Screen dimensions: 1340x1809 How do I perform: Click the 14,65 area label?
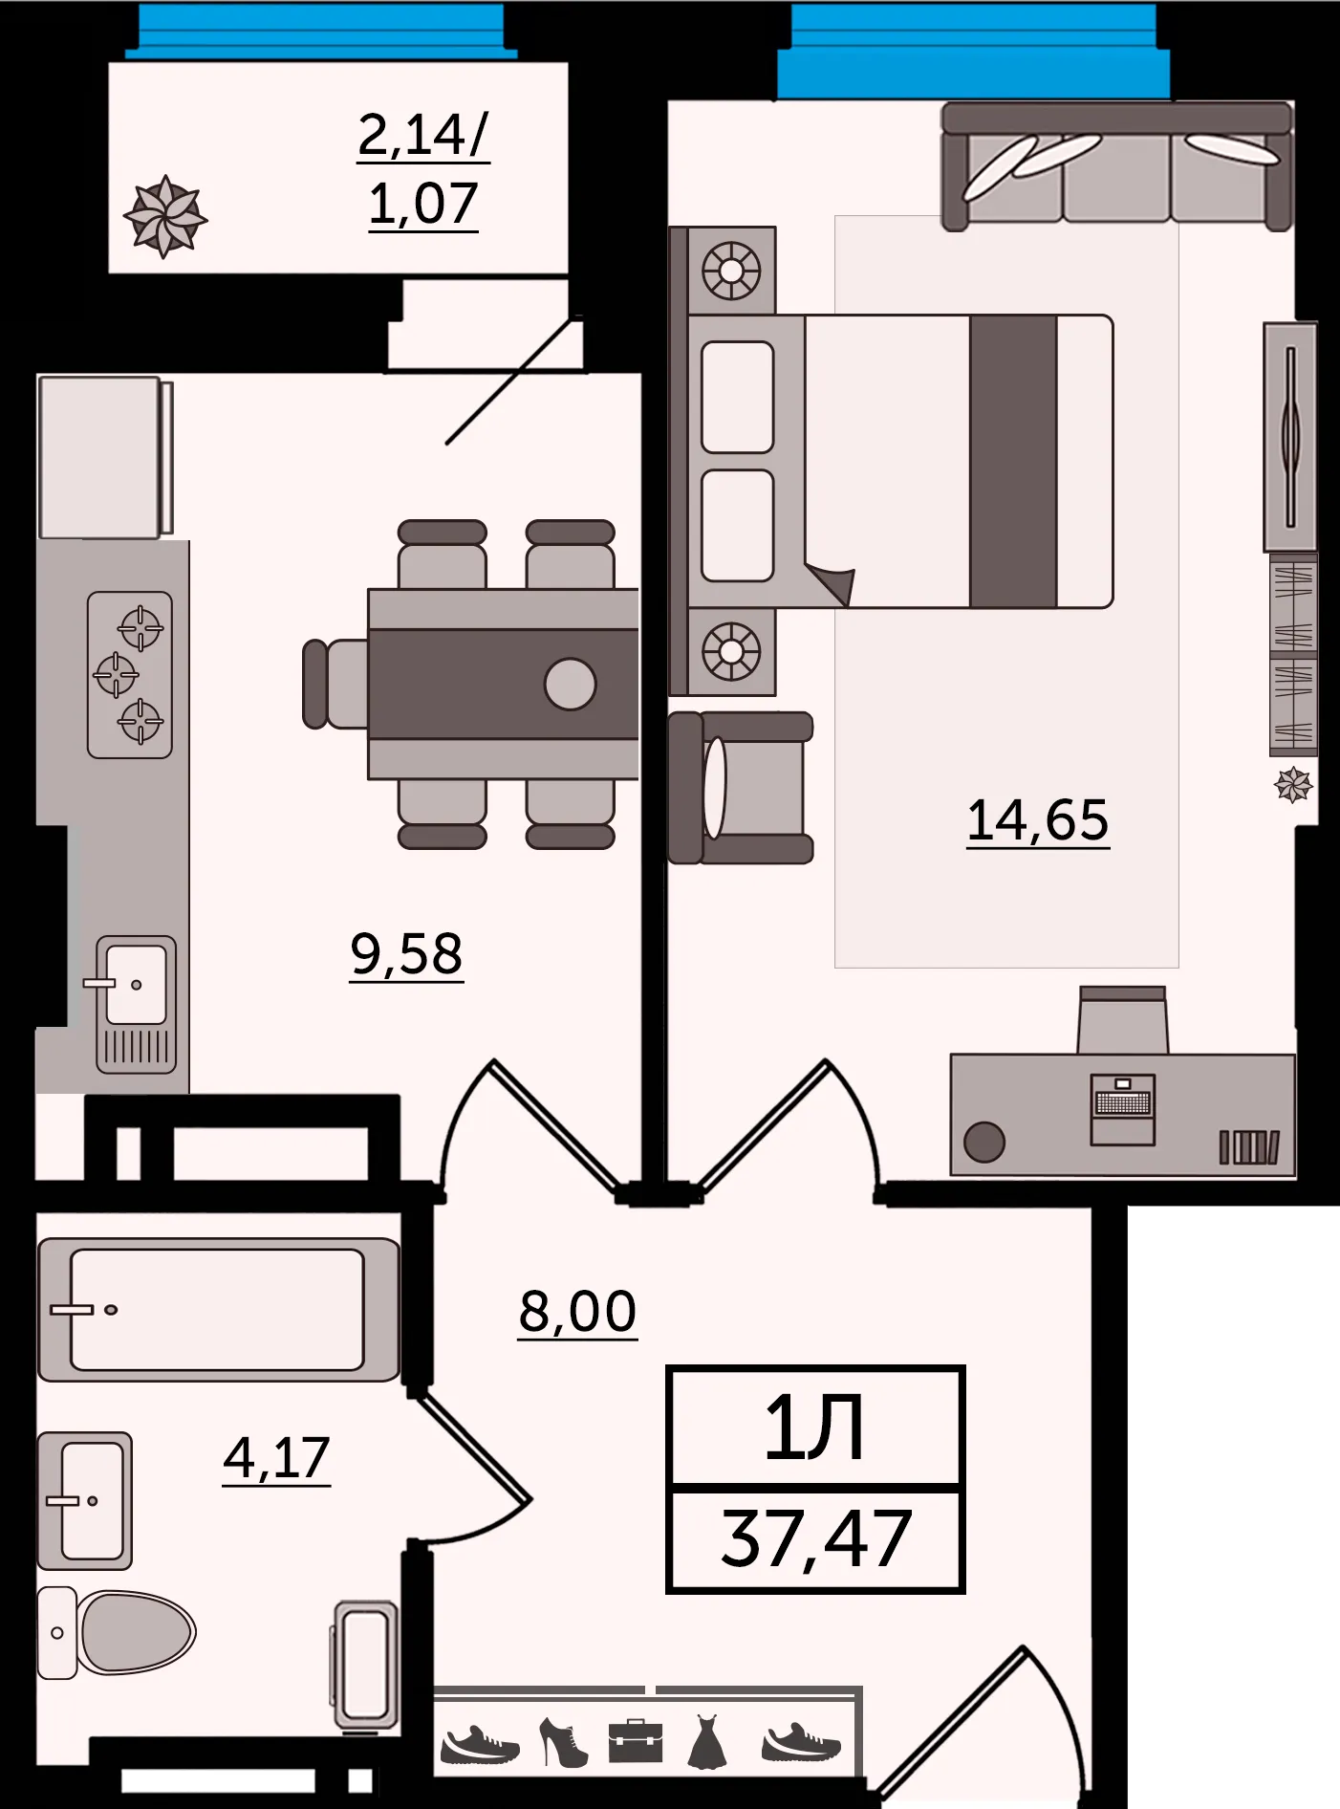(x=1038, y=820)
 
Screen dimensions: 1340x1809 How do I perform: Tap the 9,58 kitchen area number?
(x=406, y=954)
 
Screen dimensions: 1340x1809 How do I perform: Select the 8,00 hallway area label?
(x=577, y=1311)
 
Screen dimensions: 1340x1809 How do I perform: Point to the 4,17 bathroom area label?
(x=276, y=1458)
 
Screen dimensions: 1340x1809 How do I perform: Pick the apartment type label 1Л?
(x=814, y=1428)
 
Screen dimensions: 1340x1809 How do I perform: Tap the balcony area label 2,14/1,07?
(x=423, y=169)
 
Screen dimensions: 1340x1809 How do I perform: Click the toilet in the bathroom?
(x=117, y=1633)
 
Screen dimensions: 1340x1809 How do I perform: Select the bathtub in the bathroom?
(x=218, y=1310)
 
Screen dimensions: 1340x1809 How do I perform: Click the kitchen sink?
(x=136, y=1004)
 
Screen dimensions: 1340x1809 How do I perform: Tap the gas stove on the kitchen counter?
(x=130, y=675)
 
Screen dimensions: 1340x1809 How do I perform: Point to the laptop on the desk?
(x=1123, y=1109)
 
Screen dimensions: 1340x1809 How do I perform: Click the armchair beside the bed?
(x=740, y=788)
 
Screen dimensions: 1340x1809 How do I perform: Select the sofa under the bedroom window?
(x=1116, y=166)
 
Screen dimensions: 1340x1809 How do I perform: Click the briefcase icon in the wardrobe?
(x=636, y=1741)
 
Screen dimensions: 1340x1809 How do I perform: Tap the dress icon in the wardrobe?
(x=707, y=1741)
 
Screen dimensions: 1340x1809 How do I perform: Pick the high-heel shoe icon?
(x=564, y=1742)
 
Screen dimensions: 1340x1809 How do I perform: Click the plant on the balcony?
(x=165, y=216)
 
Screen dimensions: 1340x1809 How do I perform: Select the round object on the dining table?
(x=571, y=685)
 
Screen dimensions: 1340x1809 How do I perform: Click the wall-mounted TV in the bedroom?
(x=1290, y=437)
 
